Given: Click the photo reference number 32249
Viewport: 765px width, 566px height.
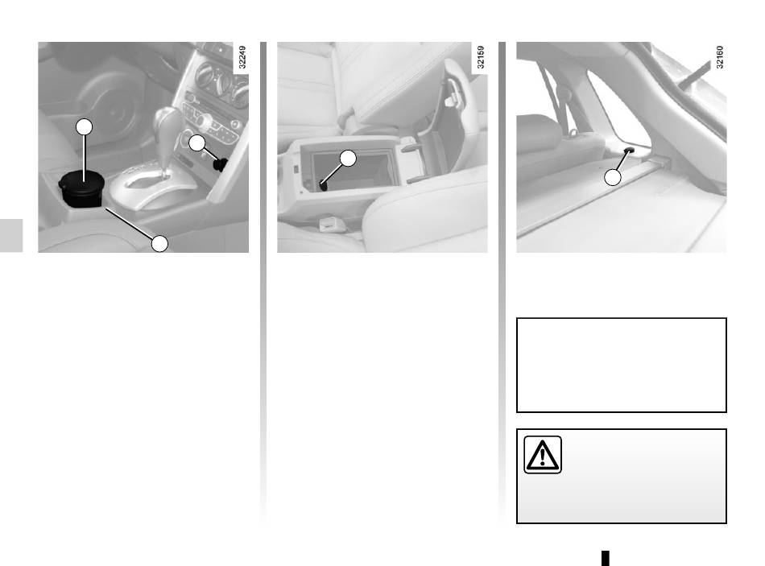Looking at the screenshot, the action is pos(242,57).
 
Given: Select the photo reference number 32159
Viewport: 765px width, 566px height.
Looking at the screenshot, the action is pos(481,57).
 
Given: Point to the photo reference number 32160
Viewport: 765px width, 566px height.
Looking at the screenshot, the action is pos(720,57).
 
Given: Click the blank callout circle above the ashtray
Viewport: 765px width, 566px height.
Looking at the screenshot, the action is pos(84,127).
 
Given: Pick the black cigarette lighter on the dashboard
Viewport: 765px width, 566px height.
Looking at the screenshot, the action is pos(221,164).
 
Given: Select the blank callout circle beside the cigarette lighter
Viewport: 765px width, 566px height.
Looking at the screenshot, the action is pos(197,143).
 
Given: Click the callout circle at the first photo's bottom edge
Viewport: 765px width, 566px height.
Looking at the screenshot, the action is pos(159,243).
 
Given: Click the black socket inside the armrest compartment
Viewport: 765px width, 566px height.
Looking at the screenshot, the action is pos(323,185).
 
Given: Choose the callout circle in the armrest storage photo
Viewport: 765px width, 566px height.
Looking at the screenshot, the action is pos(348,158).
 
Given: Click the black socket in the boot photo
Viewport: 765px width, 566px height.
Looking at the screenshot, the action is pos(629,150).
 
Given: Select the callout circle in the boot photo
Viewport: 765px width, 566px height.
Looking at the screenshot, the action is pos(613,177).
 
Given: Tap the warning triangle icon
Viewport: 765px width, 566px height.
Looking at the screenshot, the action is pos(543,455).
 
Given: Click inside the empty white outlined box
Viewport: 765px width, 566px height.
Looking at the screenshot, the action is pos(621,365).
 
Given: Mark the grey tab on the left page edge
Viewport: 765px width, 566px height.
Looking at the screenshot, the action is pos(11,235).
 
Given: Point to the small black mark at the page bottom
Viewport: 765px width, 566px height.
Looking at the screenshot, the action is pos(606,558).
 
